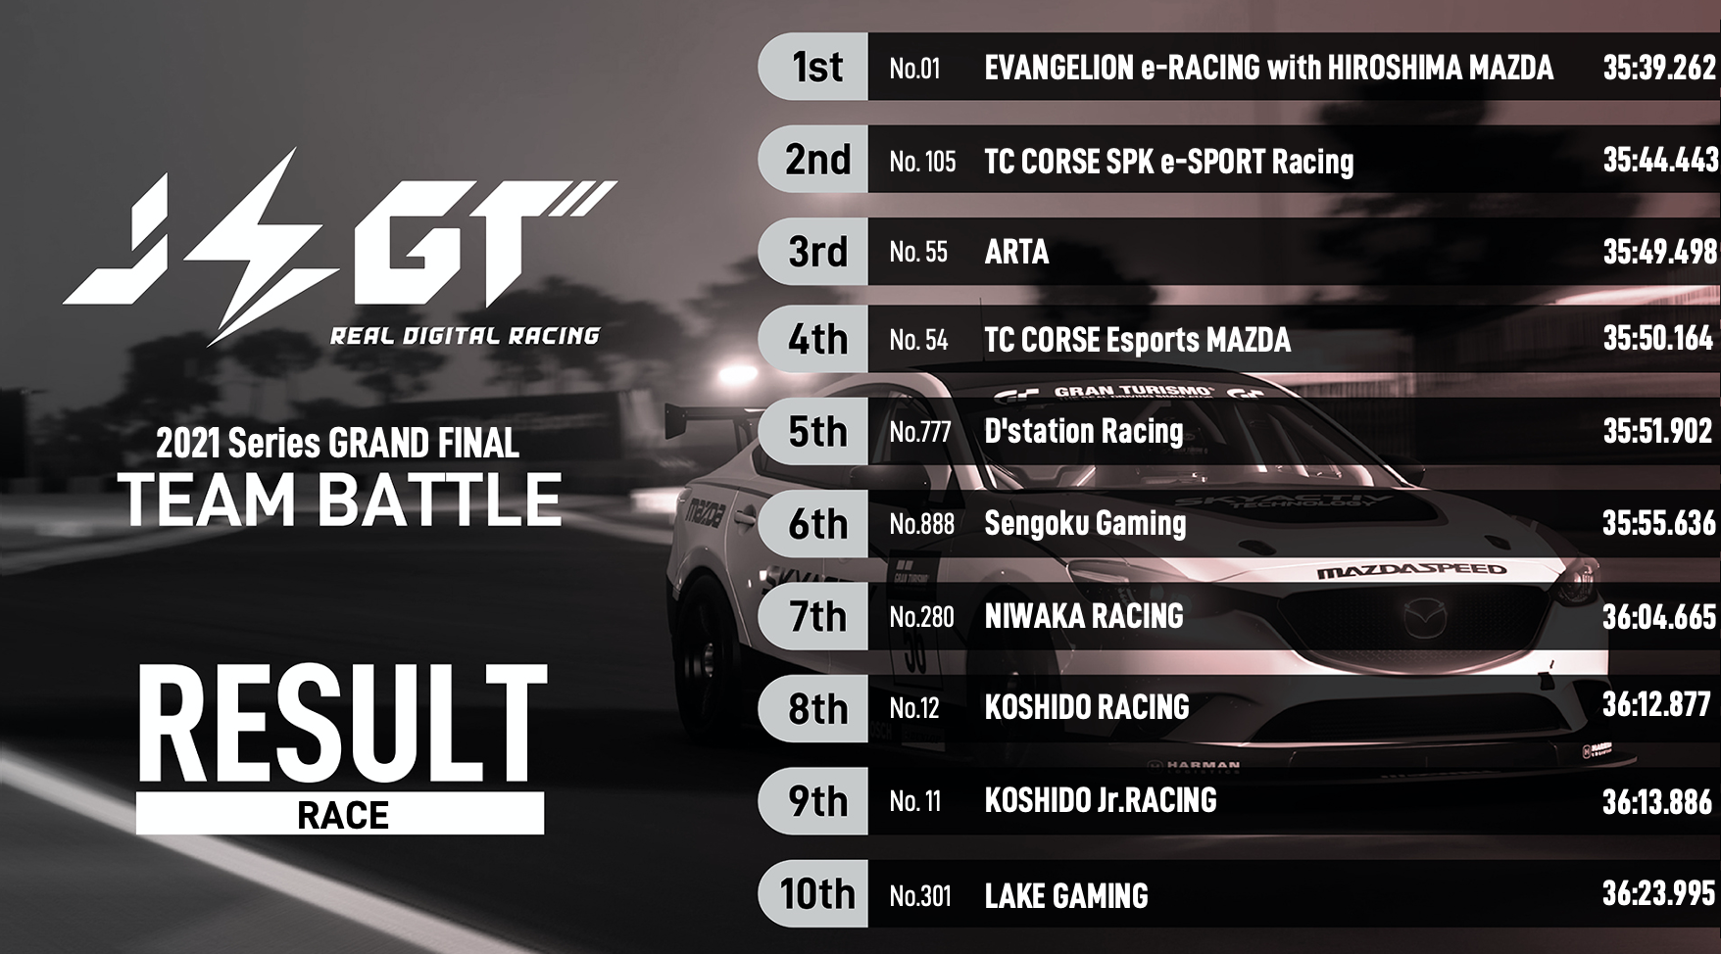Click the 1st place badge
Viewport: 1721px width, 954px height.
(813, 67)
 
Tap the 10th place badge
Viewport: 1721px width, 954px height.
(813, 893)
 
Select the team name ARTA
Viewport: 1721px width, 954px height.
(1016, 252)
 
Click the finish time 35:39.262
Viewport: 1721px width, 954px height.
(1659, 67)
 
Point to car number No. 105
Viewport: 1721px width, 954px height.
(922, 161)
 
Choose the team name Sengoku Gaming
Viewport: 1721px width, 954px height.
(1085, 523)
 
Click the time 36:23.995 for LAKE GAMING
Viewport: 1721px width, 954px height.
(1659, 892)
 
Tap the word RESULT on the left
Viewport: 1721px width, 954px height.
(341, 725)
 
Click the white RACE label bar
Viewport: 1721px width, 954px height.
(340, 814)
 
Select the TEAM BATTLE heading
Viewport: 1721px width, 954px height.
(340, 500)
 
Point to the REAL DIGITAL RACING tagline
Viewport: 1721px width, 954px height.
(465, 336)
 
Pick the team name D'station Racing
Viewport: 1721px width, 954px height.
(1083, 431)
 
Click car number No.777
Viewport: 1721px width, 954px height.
(920, 431)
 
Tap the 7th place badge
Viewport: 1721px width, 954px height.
(813, 616)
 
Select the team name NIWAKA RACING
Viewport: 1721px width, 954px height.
(1084, 615)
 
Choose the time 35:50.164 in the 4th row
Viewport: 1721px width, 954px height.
(1658, 338)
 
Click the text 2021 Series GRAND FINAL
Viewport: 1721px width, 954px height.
(337, 444)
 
